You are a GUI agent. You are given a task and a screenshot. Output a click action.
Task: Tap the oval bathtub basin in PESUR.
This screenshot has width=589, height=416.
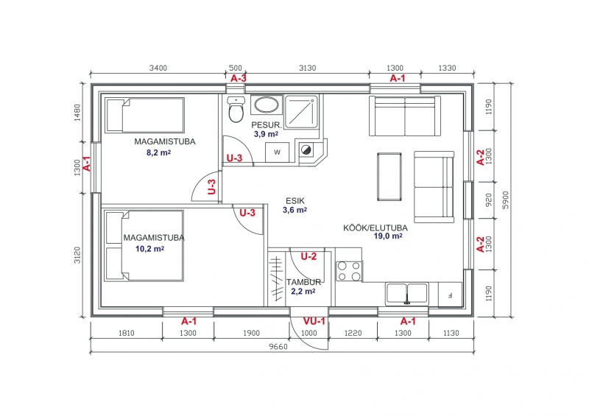click(267, 105)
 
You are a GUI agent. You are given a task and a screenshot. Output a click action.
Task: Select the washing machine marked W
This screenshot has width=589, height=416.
click(278, 152)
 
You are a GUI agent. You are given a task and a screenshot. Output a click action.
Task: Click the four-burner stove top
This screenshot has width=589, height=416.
click(349, 271)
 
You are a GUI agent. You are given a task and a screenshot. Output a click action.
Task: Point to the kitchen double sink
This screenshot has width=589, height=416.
click(407, 294)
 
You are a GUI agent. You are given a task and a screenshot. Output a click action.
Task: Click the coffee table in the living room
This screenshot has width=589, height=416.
click(389, 177)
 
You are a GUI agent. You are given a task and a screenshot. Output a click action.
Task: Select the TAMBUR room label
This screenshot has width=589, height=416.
click(303, 282)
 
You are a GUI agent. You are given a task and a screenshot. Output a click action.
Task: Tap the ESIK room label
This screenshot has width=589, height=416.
click(295, 201)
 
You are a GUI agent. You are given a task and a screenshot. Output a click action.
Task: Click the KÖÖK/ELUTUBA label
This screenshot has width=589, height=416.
click(375, 228)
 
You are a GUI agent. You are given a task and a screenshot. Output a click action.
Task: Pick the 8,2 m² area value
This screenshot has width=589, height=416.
click(158, 152)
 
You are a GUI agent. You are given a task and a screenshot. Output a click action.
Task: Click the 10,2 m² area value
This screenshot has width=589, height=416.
click(149, 249)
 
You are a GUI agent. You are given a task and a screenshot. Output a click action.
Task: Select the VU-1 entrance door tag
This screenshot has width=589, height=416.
click(314, 321)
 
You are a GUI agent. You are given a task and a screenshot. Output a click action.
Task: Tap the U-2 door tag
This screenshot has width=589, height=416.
click(308, 257)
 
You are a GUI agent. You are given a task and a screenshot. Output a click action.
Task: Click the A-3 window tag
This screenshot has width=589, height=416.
click(239, 79)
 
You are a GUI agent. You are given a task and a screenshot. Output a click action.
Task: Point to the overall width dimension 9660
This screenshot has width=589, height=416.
click(278, 347)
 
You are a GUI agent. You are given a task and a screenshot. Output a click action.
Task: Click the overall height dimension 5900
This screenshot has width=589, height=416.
click(505, 200)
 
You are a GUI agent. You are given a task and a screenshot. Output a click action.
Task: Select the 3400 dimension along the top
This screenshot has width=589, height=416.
click(158, 68)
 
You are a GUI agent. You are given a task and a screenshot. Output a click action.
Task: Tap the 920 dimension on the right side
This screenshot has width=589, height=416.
click(488, 200)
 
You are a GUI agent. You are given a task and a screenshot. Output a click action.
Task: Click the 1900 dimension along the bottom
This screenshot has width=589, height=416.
click(251, 333)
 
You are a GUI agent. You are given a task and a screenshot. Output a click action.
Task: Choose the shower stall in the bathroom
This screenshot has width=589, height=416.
click(302, 112)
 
